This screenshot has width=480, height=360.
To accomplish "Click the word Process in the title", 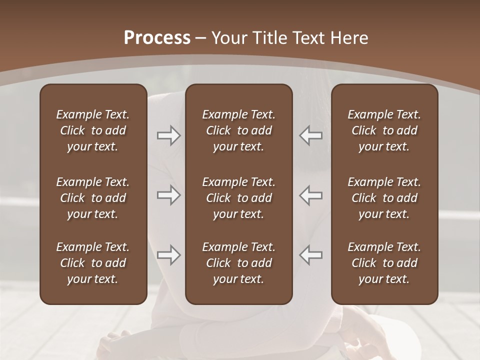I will coord(157,37).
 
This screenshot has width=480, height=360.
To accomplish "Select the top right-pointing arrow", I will coord(169,135).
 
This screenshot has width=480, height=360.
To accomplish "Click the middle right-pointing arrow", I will coord(169,195).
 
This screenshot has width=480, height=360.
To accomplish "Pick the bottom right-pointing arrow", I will coord(169,255).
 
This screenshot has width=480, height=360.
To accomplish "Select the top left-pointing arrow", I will coord(310,135).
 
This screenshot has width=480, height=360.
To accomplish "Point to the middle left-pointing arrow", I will coord(310,195).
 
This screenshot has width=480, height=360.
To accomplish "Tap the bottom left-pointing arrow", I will coord(310,255).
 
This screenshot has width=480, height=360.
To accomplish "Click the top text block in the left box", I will coord(93,130).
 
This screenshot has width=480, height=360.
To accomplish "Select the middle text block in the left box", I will coord(93,198).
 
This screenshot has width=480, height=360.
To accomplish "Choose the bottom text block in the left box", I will coord(93,263).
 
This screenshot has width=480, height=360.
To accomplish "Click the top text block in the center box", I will coord(239,130).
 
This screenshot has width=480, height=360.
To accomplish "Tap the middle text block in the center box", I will coord(239,198).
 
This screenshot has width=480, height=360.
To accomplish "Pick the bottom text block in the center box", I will coord(239,263).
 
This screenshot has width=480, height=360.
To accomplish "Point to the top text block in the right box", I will coord(384,130).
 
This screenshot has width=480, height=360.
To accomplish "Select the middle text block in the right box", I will coord(384,198).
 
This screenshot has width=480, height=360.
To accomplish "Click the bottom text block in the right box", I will coord(384,263).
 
